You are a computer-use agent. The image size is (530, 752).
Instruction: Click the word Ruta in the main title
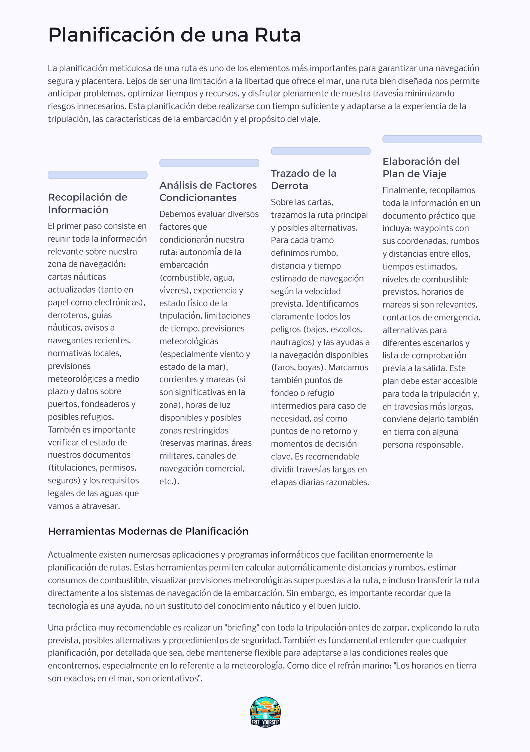coord(278,35)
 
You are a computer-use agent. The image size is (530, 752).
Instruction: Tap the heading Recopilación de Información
coord(87,203)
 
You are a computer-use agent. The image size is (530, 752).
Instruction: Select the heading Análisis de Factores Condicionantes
coord(208,191)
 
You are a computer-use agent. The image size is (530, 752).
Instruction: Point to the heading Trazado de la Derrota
coord(303,180)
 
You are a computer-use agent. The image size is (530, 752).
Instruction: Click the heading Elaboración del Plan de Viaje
coord(421,167)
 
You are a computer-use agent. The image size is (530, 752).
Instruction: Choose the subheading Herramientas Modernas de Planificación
coord(148,531)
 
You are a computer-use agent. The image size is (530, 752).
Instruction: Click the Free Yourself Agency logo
coord(265,712)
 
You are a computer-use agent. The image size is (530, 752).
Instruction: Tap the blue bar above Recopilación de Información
coord(98,175)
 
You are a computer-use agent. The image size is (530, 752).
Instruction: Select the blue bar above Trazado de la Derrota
coord(321,151)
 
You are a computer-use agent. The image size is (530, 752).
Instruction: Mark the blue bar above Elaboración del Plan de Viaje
coord(432,139)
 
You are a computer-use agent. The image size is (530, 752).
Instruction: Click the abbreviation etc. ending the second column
coord(169,481)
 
